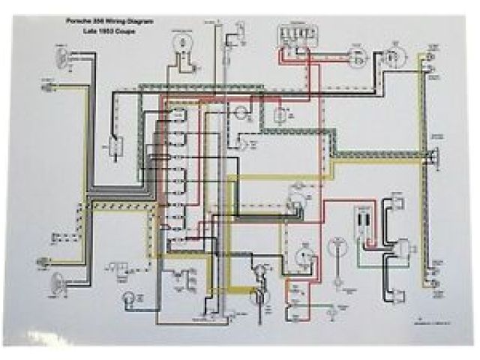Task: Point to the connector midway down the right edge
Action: (433, 159)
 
